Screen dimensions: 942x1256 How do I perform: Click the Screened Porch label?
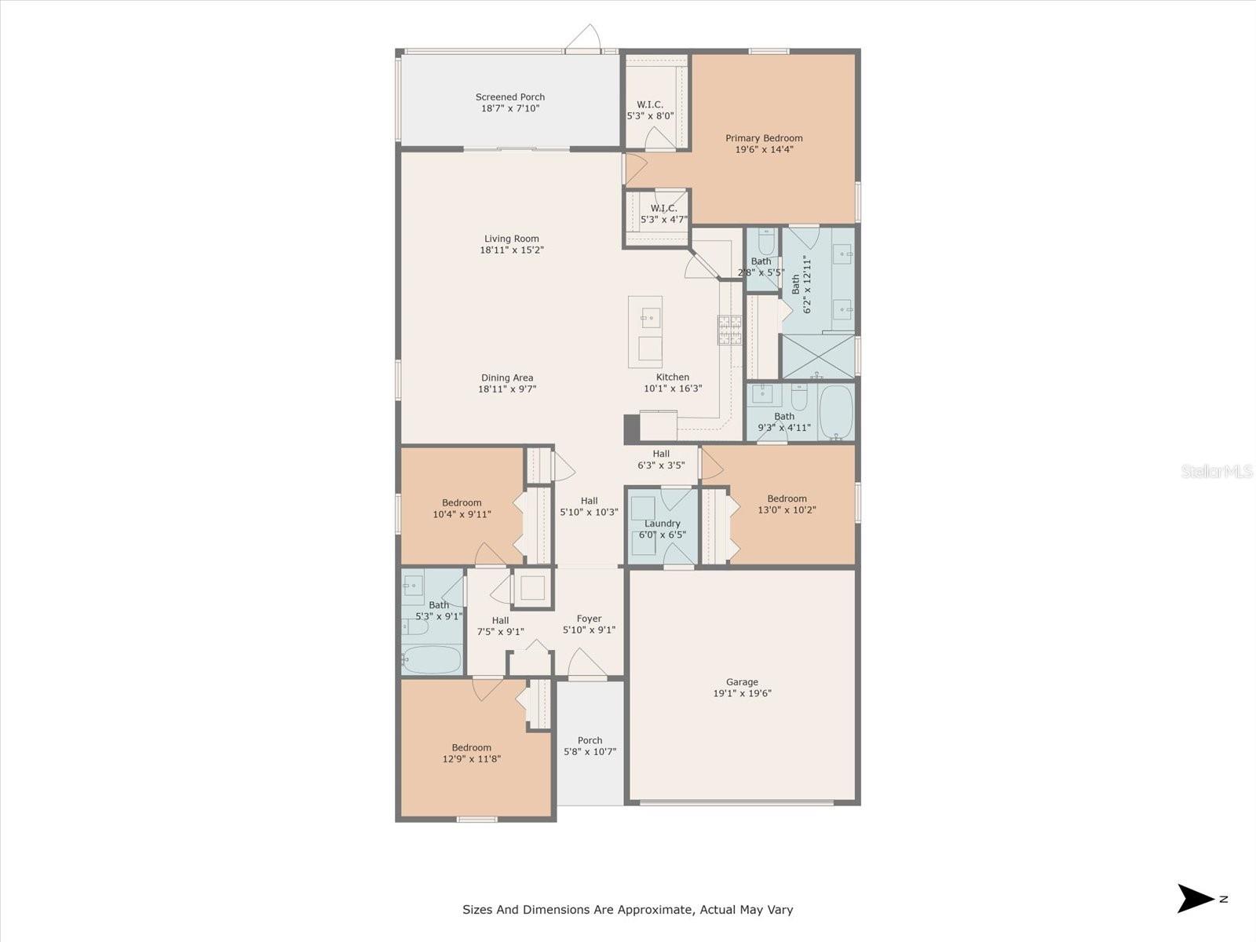[509, 97]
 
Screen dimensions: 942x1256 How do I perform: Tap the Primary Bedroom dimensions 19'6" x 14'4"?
[764, 149]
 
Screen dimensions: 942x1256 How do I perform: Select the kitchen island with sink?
[645, 331]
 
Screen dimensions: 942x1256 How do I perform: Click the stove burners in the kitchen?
[729, 330]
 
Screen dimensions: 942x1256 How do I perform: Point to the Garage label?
[742, 682]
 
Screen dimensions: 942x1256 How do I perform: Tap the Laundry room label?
[662, 524]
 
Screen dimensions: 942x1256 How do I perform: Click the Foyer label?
[589, 619]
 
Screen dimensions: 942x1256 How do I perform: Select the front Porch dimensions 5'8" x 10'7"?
[590, 751]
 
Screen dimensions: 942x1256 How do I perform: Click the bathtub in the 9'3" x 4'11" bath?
[836, 411]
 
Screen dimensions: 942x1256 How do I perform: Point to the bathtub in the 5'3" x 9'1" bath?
[432, 659]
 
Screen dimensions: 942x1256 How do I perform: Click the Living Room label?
[511, 239]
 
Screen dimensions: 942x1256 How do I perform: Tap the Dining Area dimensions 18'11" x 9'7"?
[507, 389]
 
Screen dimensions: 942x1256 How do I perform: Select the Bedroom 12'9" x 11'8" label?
[471, 747]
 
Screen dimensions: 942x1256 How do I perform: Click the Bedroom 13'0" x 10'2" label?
[787, 498]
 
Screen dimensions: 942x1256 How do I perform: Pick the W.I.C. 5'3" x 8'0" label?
[650, 104]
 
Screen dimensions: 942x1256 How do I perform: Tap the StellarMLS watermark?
[1217, 471]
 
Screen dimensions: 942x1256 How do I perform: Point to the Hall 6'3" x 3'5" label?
[661, 454]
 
